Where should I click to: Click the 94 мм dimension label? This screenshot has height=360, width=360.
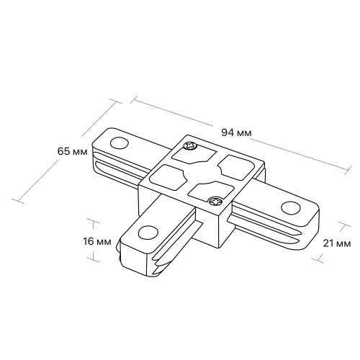(236, 132)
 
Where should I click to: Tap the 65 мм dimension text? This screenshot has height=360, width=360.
(73, 151)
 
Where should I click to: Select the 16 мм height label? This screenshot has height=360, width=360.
(97, 241)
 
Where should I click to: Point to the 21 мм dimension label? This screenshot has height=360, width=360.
(337, 243)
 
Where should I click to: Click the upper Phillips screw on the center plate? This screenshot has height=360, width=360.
(190, 145)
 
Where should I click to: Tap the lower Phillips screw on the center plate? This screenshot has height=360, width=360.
(215, 201)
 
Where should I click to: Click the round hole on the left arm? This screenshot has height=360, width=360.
(120, 143)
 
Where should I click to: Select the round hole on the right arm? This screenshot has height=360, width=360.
(291, 207)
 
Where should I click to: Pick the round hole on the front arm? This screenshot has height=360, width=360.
(148, 233)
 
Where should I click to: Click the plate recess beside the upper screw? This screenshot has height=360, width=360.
(194, 156)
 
